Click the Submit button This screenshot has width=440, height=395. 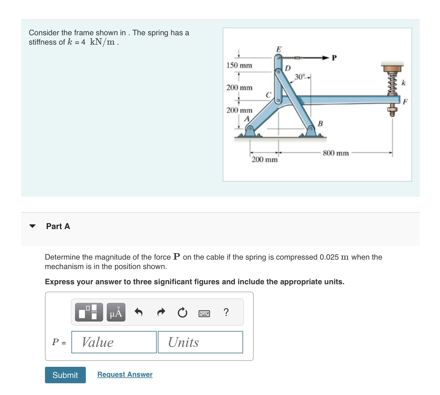point(65,375)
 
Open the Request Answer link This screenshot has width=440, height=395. point(125,374)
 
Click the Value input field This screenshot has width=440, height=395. point(114,342)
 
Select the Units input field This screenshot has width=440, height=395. point(200,342)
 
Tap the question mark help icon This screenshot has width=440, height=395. point(226,312)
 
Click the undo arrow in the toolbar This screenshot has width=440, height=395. point(138,312)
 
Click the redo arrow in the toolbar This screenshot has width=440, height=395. point(161,312)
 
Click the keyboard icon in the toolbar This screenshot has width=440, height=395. point(204,313)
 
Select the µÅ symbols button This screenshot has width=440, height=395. point(116,312)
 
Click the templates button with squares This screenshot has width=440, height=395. point(89,312)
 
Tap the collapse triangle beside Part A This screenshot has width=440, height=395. point(33,226)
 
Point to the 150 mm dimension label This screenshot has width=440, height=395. point(239,65)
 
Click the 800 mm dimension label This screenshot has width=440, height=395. point(336,153)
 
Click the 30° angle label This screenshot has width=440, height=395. point(300,77)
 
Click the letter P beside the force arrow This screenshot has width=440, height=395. point(334,58)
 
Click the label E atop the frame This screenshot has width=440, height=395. point(279,49)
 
